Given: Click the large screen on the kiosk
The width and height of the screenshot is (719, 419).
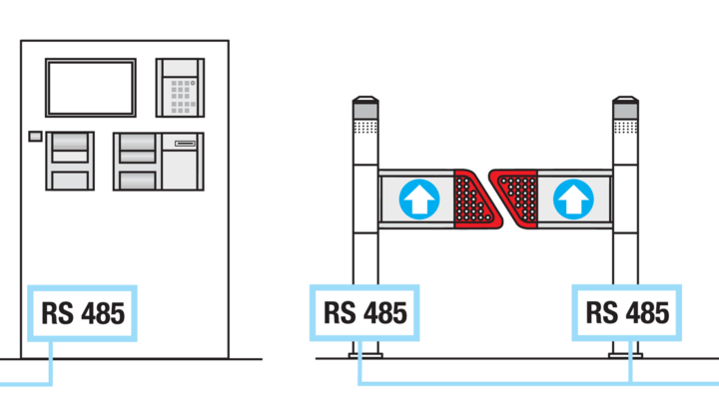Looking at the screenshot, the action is (x=91, y=88).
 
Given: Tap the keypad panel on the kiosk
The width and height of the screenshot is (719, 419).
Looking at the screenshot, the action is (x=180, y=88).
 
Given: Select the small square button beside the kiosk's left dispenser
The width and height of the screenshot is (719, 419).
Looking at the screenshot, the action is (x=35, y=136).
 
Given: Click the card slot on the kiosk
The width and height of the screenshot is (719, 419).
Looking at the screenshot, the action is (x=185, y=144).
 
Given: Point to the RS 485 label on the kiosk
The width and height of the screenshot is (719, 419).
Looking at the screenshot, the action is (x=83, y=313).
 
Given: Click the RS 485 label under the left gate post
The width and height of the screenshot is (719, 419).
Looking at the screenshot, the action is (x=364, y=313).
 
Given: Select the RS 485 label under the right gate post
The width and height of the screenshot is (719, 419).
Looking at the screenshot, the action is (x=627, y=313).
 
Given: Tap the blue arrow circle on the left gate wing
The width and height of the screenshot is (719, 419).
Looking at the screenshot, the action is (x=419, y=200).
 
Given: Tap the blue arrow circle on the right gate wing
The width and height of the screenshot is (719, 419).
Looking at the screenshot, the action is (x=573, y=200).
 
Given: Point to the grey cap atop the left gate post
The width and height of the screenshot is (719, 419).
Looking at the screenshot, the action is (x=365, y=108).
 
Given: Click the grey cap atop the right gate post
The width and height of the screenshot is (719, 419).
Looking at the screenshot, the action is (x=626, y=108).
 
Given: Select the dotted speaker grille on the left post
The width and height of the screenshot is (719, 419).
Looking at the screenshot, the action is (x=365, y=128).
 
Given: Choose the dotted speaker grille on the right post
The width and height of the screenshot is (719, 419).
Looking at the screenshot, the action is (x=626, y=128).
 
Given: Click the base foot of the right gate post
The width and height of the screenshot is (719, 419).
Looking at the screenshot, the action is (x=625, y=355).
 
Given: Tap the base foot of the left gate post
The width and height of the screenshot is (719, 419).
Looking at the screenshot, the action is (x=365, y=355).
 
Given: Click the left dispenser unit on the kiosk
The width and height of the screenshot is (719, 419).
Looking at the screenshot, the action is (x=70, y=161).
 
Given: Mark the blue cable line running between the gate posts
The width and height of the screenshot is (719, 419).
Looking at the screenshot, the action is (x=495, y=382).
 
